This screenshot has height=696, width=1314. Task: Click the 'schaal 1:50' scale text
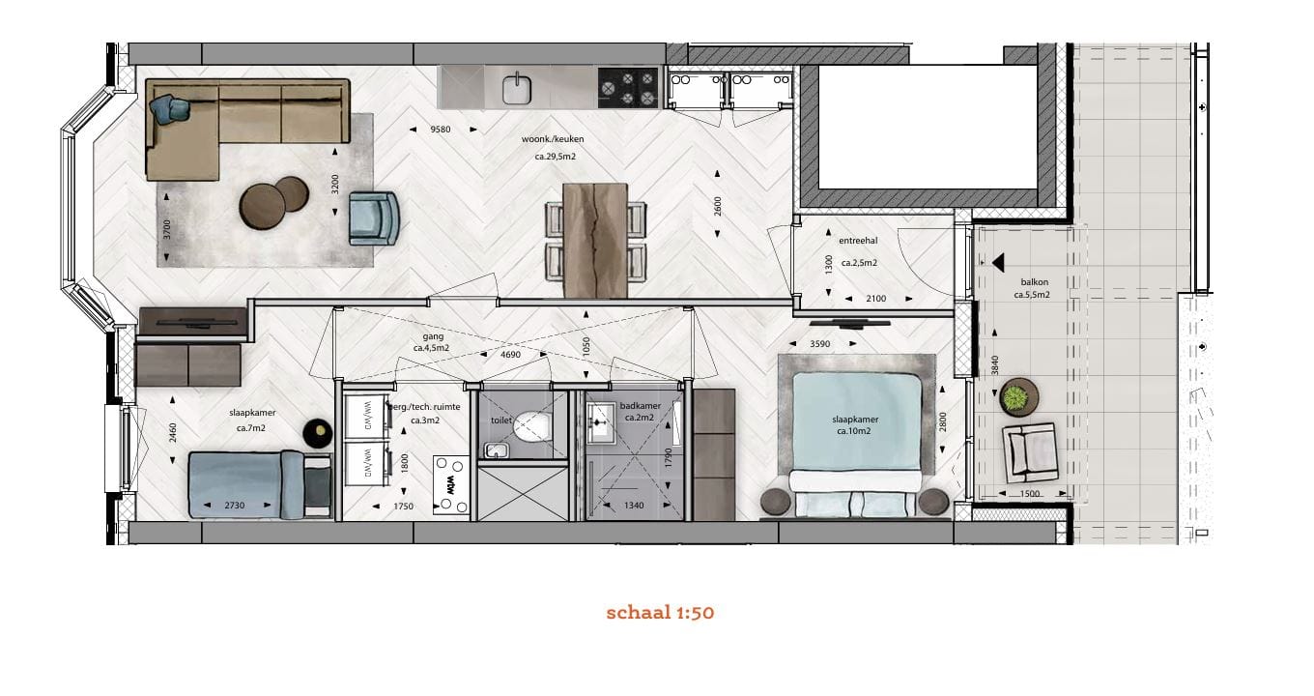tap(660, 613)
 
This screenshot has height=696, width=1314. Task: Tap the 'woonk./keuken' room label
tap(553, 139)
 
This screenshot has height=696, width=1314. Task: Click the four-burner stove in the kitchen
tap(629, 87)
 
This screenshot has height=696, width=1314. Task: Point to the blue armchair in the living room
tap(374, 217)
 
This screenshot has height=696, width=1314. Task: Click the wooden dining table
tap(594, 239)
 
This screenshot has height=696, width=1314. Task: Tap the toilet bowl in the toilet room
tap(530, 424)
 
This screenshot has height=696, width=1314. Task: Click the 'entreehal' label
tap(858, 241)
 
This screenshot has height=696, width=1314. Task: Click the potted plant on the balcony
tap(1015, 396)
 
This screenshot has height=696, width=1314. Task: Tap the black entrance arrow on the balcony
tap(997, 261)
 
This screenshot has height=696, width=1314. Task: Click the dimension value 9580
tap(441, 130)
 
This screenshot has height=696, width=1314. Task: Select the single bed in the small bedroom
tap(259, 484)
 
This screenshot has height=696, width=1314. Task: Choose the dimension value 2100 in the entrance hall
tap(874, 299)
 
